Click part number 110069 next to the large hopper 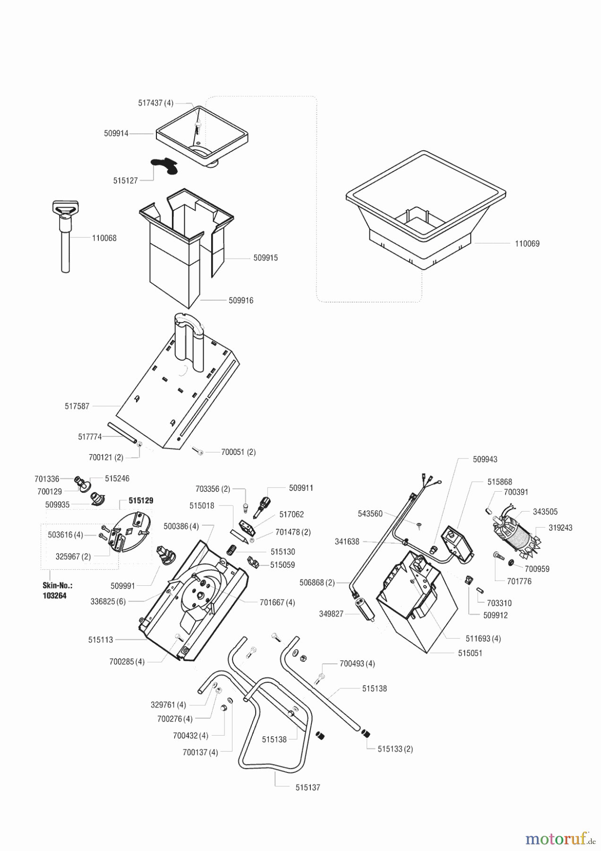point(527,243)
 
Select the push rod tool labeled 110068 point(66,236)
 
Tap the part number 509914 point(116,134)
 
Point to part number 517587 point(77,406)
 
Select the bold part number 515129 point(141,500)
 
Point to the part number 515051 point(470,653)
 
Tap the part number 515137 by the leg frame point(308,788)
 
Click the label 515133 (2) point(395,749)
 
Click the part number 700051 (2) point(238,452)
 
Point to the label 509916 point(241,300)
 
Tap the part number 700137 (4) point(200,752)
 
